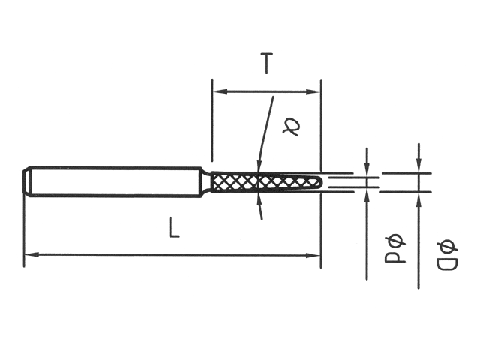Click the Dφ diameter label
pos(446,255)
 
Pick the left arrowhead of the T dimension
pos(217,92)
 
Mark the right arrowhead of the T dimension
pos(316,92)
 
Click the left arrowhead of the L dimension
pos(29,255)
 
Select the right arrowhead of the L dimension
pos(316,255)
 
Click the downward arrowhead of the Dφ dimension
pos(418,167)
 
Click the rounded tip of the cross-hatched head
pos(320,182)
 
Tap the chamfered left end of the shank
pos(28,182)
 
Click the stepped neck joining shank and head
pos(206,182)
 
